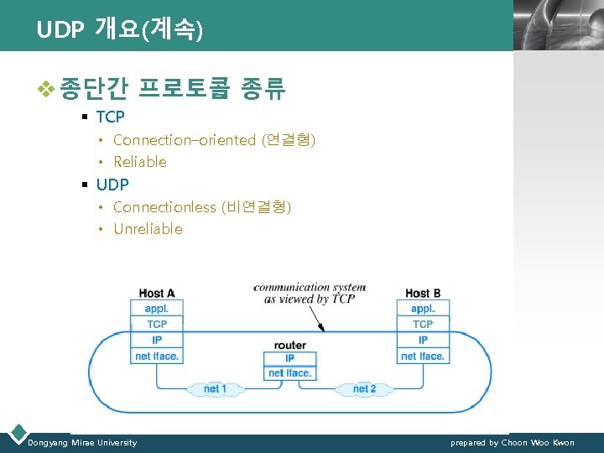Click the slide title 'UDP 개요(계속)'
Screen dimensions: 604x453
(119, 30)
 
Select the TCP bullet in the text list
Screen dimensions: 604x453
(110, 117)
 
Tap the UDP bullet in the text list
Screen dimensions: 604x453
(112, 184)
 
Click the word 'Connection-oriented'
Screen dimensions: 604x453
(184, 140)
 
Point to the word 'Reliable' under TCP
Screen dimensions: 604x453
(140, 162)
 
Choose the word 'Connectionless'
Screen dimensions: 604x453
(164, 206)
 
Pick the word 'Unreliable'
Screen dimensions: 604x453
(148, 229)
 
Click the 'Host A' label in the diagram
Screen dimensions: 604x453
(157, 294)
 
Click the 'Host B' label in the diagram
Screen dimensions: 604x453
(423, 294)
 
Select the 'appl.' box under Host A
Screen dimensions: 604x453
(157, 309)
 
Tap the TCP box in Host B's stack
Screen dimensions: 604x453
(423, 325)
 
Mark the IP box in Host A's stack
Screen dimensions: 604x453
(157, 340)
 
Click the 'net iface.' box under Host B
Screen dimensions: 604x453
(423, 356)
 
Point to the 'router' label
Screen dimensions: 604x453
(289, 345)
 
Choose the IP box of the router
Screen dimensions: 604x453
(289, 359)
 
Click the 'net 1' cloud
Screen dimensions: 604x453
(215, 389)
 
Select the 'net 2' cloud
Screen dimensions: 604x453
(364, 389)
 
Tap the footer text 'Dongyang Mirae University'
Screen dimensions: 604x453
(82, 442)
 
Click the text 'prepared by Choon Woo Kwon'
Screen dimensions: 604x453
(512, 442)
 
